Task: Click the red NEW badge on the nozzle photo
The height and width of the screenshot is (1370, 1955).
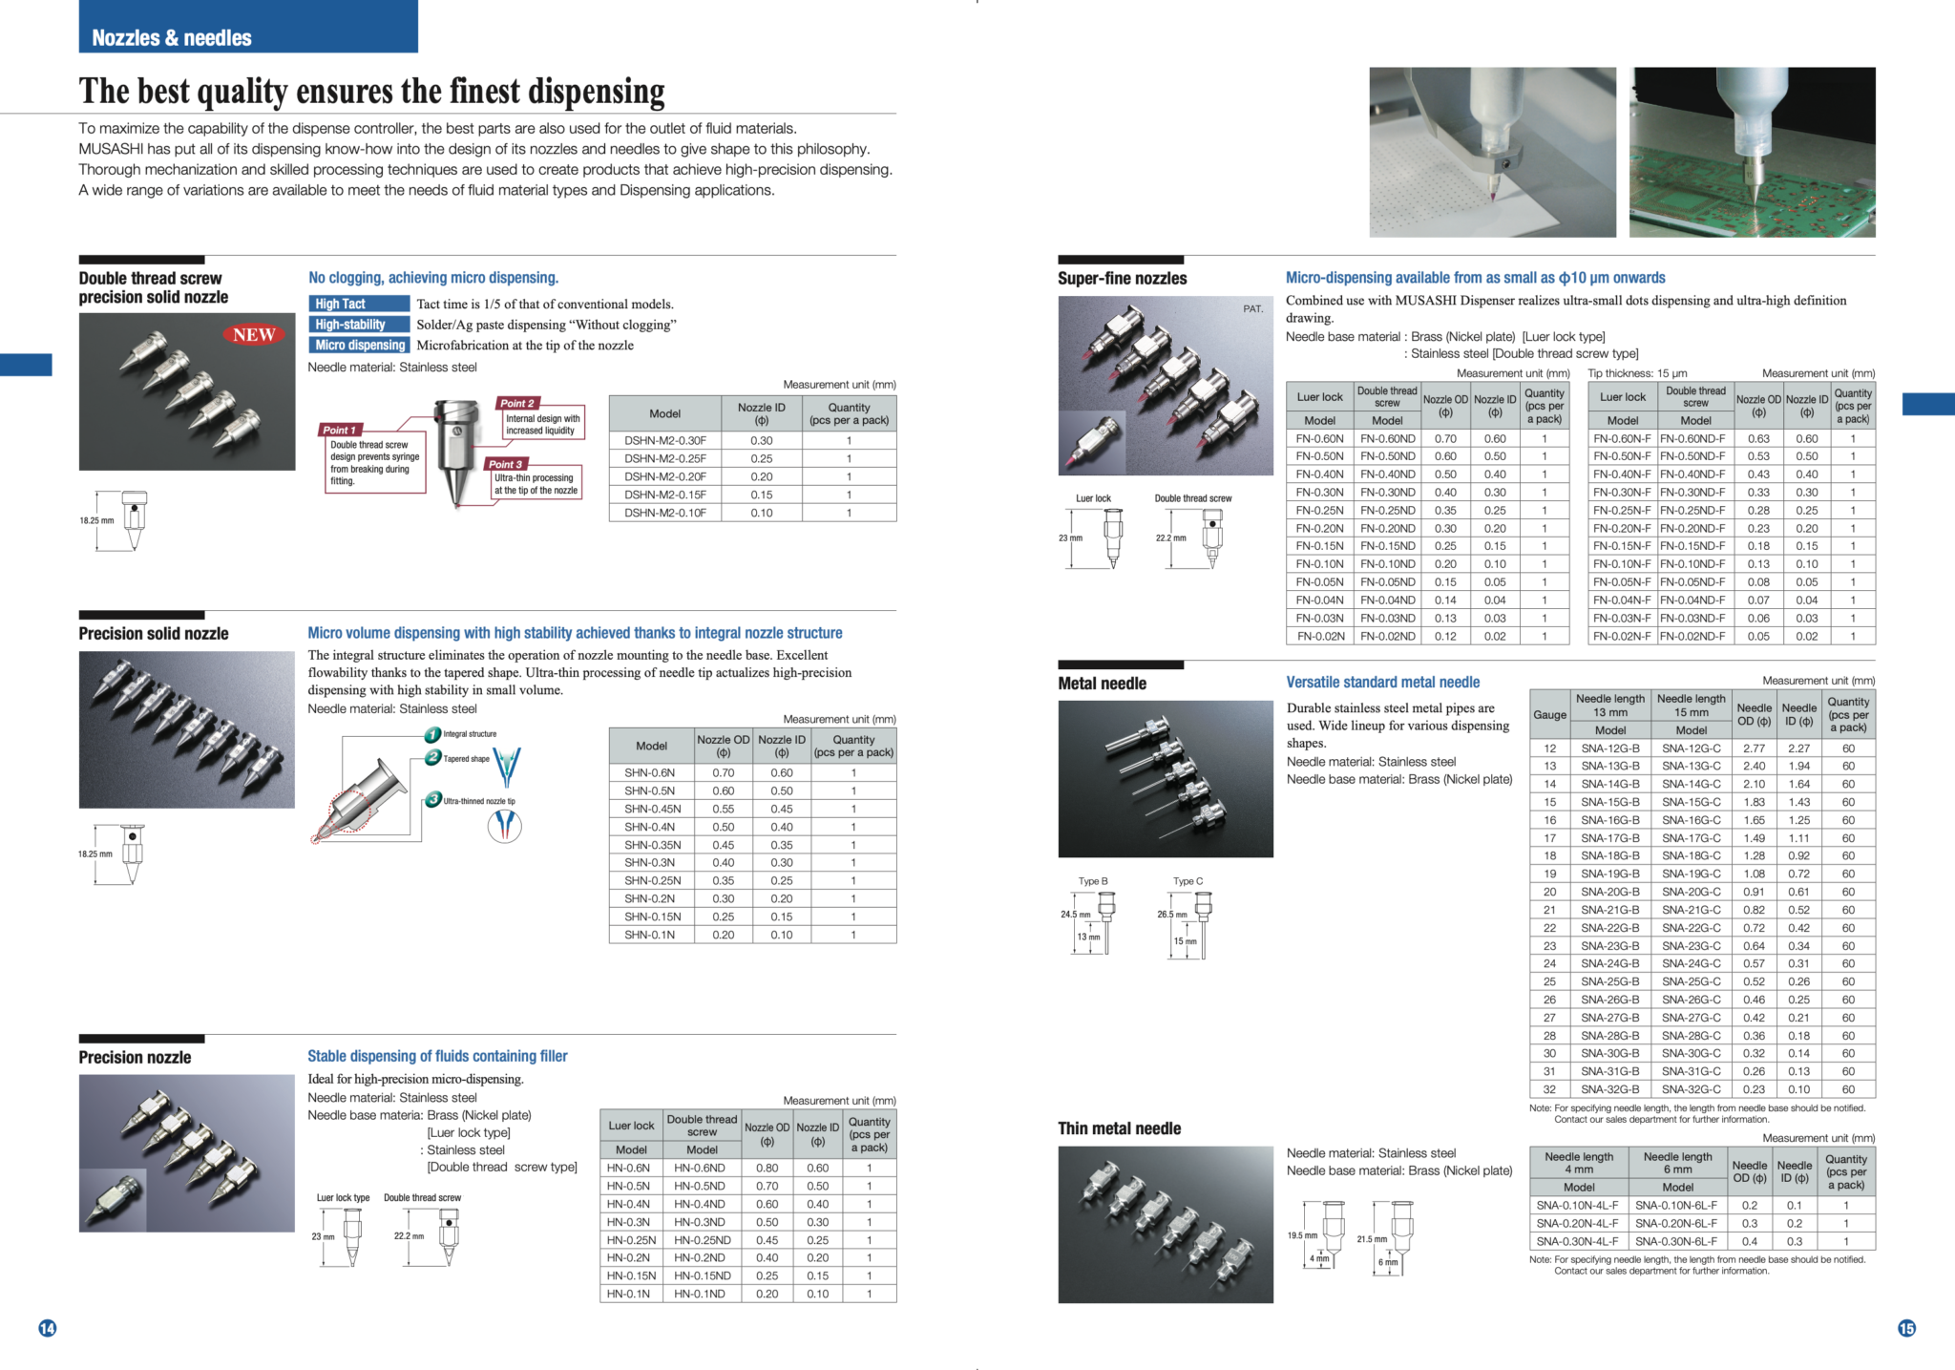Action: coord(254,335)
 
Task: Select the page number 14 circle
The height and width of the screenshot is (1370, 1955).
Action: coord(47,1328)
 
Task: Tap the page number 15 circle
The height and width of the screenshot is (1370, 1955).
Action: coord(1906,1328)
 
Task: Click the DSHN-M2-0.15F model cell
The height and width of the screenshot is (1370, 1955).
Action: coord(665,495)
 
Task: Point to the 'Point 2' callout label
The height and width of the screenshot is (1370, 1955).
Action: coord(516,403)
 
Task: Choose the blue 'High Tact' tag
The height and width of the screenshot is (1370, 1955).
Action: coord(359,304)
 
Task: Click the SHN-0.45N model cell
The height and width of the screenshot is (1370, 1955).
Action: coord(653,809)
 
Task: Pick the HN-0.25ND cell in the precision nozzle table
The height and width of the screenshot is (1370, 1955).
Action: coord(702,1240)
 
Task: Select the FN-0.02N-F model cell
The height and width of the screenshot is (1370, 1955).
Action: coord(1622,636)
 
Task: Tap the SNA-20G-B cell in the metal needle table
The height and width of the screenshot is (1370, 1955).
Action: coord(1610,892)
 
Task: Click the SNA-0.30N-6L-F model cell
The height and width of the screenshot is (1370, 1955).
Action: coord(1676,1241)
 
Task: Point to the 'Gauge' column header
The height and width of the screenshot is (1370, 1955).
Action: coord(1549,714)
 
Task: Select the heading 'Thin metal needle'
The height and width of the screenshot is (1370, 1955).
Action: coord(1119,1128)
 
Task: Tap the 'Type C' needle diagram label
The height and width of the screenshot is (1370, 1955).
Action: coord(1188,881)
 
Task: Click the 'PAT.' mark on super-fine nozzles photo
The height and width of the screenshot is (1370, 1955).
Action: coord(1252,308)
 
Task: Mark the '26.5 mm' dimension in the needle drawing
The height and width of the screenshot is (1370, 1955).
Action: coord(1172,915)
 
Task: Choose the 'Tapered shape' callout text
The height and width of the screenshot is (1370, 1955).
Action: coord(466,759)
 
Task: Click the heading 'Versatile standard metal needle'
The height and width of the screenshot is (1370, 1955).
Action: coord(1382,682)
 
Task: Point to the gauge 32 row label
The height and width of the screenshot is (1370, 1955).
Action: coord(1549,1089)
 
